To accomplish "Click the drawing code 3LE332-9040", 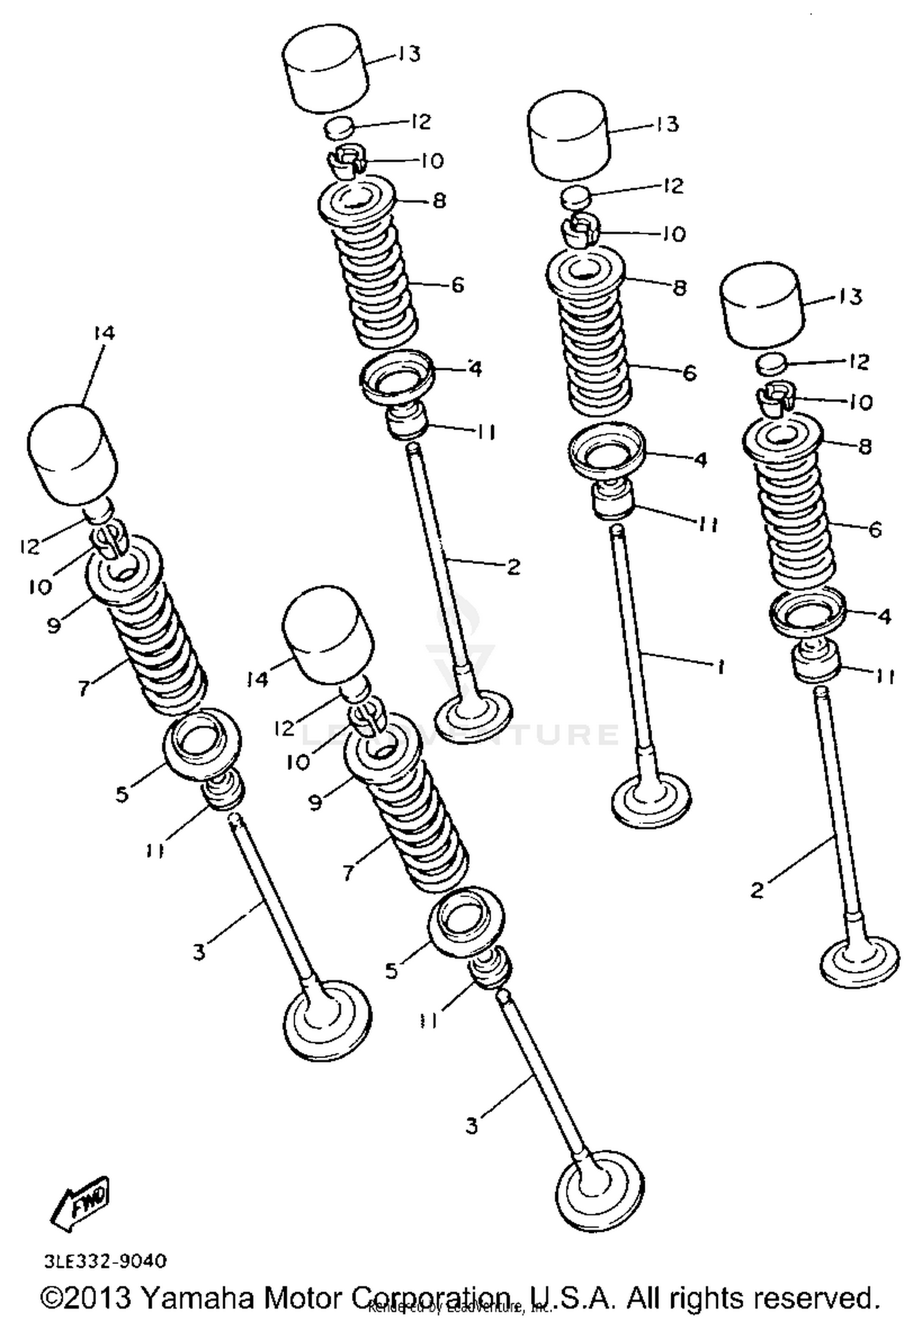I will click(105, 1261).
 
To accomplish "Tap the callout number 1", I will click(720, 666).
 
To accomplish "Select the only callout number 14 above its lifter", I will click(104, 333).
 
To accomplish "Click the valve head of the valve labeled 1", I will click(652, 799).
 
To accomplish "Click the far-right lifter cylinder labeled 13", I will click(762, 302).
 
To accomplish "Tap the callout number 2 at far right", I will click(758, 889).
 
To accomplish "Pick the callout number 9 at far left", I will click(54, 625).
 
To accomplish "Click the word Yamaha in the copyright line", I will click(197, 1298).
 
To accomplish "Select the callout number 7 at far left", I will click(84, 688).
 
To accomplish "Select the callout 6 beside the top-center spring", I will click(457, 285).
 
